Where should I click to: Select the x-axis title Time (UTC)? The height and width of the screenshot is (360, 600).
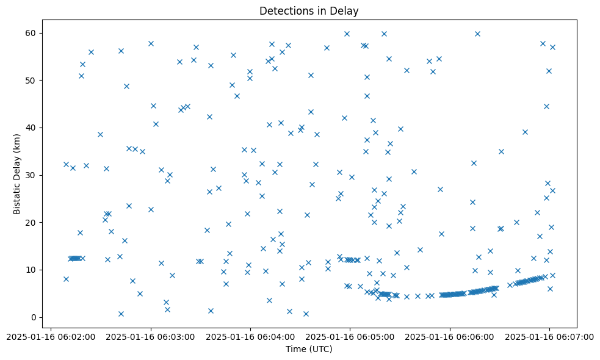tap(309, 349)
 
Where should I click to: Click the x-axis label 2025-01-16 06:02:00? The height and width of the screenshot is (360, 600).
tap(51, 336)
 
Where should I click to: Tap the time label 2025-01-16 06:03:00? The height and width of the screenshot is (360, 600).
tap(151, 336)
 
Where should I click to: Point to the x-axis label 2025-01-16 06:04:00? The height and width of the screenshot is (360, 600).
tap(250, 336)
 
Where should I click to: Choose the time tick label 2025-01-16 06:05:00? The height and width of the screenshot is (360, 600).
tap(350, 336)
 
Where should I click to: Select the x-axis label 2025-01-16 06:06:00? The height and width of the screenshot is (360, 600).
tap(450, 336)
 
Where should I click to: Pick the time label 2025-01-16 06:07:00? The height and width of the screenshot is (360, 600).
tap(549, 336)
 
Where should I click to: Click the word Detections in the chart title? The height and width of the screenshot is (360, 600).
tap(283, 11)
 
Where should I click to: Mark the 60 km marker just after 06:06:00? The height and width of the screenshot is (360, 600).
tap(477, 34)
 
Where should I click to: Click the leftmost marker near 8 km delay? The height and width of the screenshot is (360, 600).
tap(66, 279)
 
